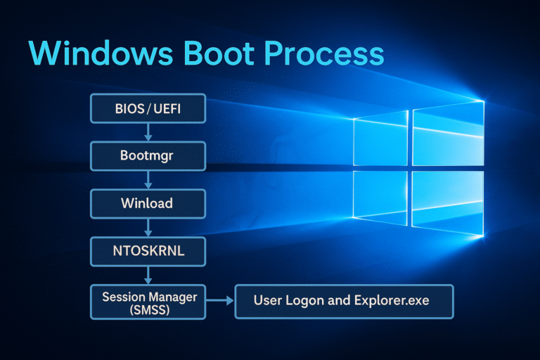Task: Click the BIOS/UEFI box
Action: point(148,110)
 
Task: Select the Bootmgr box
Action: point(148,155)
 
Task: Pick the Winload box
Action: point(148,202)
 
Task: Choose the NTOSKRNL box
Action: point(148,250)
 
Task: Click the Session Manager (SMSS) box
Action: point(148,302)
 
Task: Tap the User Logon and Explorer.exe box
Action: point(343,302)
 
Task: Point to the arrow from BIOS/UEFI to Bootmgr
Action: point(148,132)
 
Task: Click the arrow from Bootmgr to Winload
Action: point(148,179)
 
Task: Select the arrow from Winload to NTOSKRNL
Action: point(148,226)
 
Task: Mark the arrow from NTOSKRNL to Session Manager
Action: point(148,274)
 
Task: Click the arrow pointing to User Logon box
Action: point(219,302)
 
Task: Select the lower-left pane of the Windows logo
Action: point(380,201)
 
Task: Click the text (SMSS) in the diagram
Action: point(148,310)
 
